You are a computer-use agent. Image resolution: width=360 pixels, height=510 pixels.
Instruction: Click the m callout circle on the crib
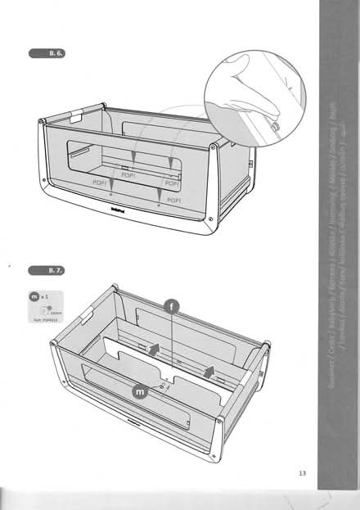tap(141, 393)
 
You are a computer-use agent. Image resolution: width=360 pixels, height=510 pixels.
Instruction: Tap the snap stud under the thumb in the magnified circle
tap(275, 126)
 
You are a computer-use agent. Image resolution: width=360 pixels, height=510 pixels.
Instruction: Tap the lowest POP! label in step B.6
tap(173, 199)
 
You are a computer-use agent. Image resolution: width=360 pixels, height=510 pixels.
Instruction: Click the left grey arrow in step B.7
tap(151, 348)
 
